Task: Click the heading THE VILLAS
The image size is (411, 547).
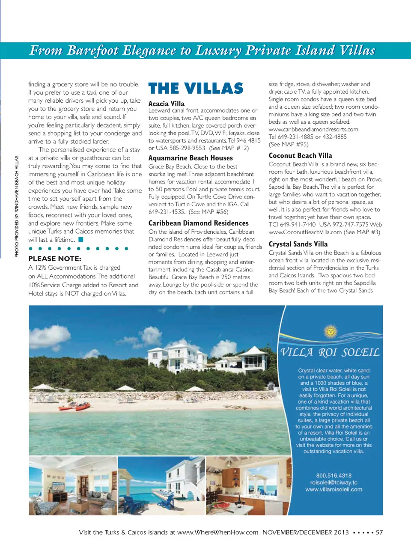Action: [196, 89]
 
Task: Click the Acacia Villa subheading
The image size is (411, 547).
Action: [167, 104]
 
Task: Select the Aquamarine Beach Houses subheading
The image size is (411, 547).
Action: [191, 158]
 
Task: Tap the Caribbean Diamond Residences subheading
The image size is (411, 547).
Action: [198, 223]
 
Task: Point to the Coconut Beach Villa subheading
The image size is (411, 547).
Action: [300, 156]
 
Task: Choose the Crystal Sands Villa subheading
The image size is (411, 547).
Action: [298, 244]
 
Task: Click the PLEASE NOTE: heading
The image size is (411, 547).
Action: [55, 259]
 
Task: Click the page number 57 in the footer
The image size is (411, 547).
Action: [379, 532]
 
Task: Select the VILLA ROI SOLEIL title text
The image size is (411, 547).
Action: [330, 352]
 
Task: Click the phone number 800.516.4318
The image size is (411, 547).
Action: [334, 476]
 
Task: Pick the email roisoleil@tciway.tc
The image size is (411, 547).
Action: [334, 482]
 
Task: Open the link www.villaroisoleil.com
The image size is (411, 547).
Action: [334, 489]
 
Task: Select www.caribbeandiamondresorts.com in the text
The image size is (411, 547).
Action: [313, 129]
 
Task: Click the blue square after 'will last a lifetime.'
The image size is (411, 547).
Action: [80, 240]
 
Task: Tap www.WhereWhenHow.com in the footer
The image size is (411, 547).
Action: [218, 532]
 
